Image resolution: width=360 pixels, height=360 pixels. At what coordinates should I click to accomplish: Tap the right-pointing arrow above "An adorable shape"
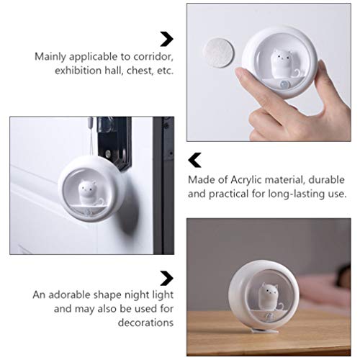166,277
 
